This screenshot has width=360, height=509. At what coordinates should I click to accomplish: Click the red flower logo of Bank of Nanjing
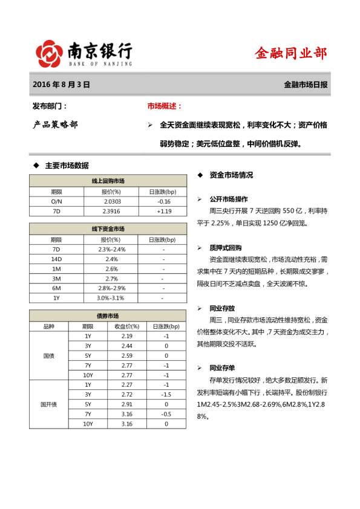pyautogui.click(x=50, y=53)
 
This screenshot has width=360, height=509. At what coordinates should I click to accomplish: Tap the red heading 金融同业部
pyautogui.click(x=291, y=53)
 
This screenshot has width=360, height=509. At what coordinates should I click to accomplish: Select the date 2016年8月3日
pyautogui.click(x=61, y=85)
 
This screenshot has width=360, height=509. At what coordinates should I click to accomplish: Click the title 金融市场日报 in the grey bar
pyautogui.click(x=306, y=85)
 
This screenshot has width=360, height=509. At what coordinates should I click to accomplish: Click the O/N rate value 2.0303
pyautogui.click(x=112, y=201)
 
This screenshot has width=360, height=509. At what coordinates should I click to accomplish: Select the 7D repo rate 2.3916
pyautogui.click(x=112, y=212)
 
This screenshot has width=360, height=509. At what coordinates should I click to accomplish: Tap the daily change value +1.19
pyautogui.click(x=164, y=212)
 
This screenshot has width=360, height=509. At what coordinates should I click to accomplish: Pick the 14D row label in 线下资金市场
pyautogui.click(x=56, y=259)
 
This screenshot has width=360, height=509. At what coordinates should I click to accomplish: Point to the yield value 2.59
pyautogui.click(x=127, y=355)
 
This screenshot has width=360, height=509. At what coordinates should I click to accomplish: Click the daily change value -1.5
pyautogui.click(x=166, y=394)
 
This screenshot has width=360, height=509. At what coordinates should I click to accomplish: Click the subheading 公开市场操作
pyautogui.click(x=228, y=199)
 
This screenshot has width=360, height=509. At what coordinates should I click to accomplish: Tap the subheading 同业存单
pyautogui.click(x=222, y=368)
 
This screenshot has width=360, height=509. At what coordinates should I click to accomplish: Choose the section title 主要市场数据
pyautogui.click(x=67, y=165)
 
